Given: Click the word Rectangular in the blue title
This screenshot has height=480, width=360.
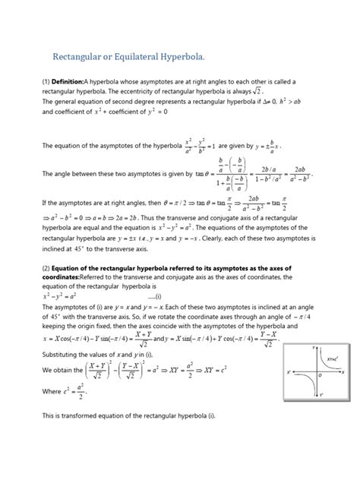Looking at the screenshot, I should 81,58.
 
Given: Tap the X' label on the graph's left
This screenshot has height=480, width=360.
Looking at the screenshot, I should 289,371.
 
